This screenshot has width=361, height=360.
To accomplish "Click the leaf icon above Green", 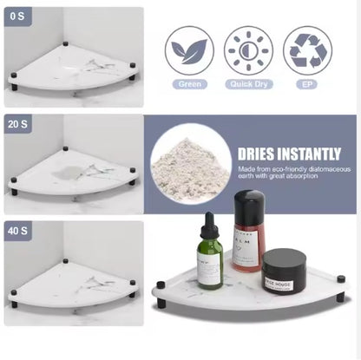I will point(189,49).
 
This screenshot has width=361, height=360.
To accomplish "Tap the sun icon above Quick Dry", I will point(248,49).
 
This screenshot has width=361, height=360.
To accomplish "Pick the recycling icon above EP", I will point(306,49).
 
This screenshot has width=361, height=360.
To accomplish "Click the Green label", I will point(189,84).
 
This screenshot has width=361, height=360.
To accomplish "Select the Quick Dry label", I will point(248,84).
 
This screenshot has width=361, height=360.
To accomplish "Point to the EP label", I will point(306,84).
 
